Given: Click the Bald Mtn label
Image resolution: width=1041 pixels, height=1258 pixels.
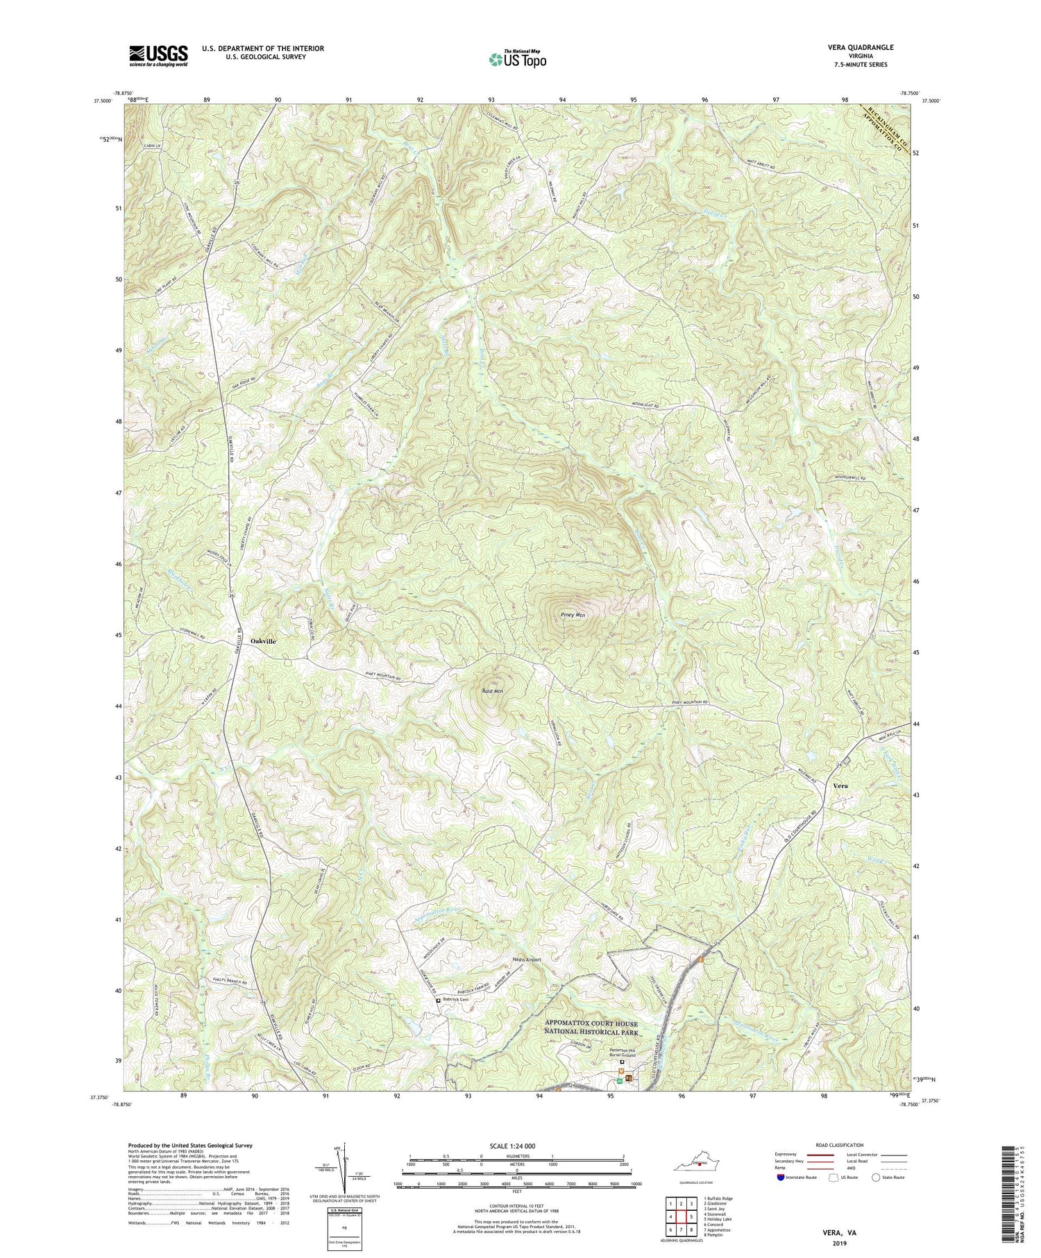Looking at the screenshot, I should coord(492,691).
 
